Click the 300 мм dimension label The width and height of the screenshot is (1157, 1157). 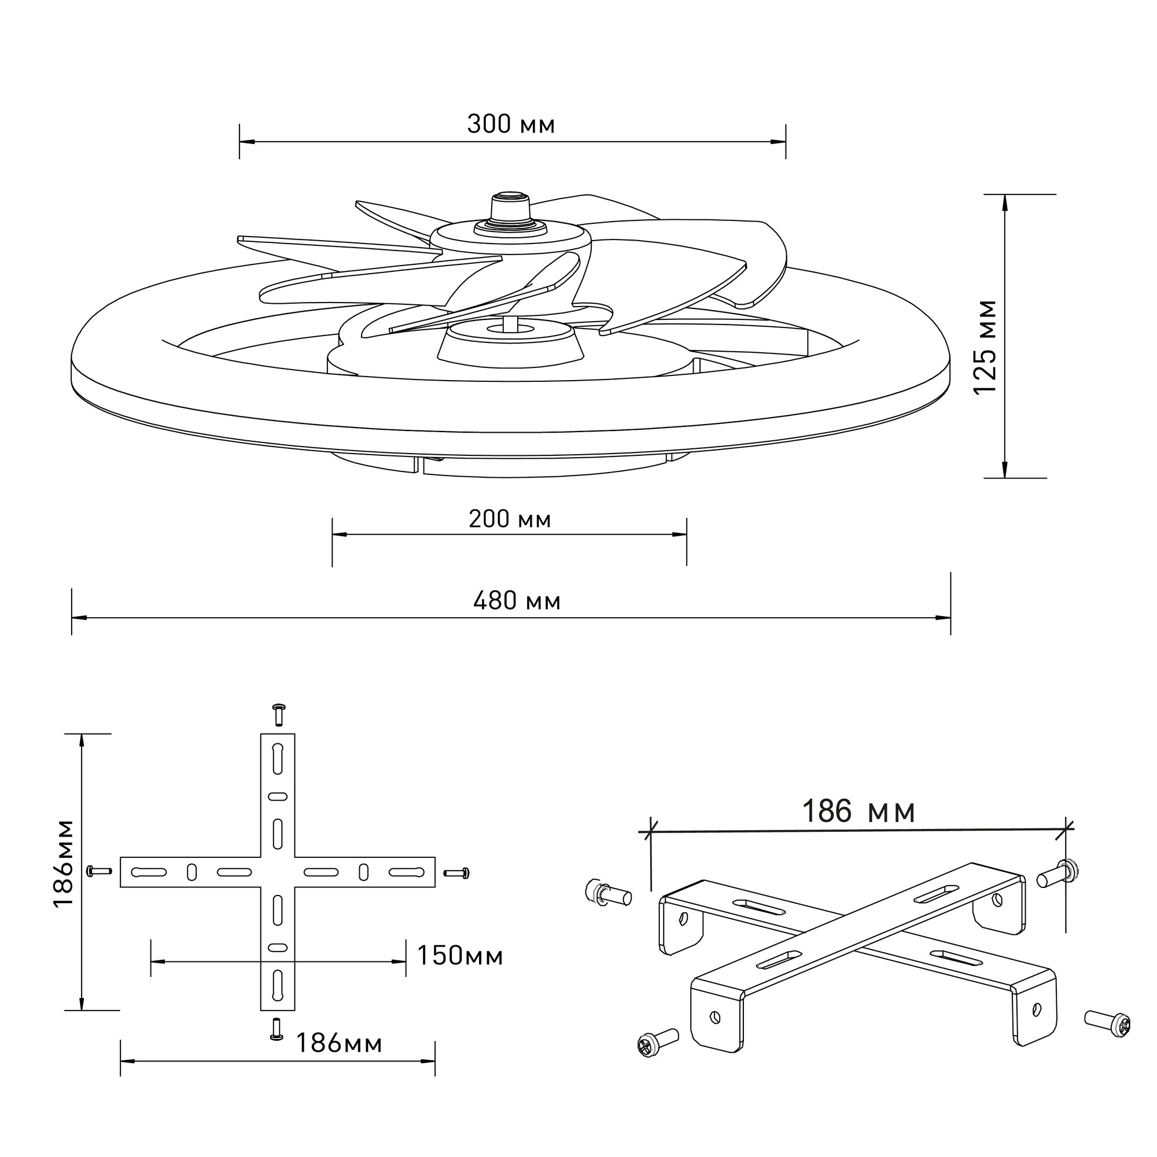click(511, 124)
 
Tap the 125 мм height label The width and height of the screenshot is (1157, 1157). click(986, 347)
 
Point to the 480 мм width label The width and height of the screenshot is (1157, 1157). click(517, 600)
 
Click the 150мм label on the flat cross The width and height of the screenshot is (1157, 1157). click(459, 956)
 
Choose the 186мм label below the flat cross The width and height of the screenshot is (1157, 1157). click(339, 1043)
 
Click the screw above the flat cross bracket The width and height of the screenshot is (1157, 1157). click(278, 714)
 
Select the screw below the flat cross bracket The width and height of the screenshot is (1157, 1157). click(277, 1028)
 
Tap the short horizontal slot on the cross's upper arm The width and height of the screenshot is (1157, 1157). click(278, 797)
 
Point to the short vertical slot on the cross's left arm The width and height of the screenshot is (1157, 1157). click(191, 872)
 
